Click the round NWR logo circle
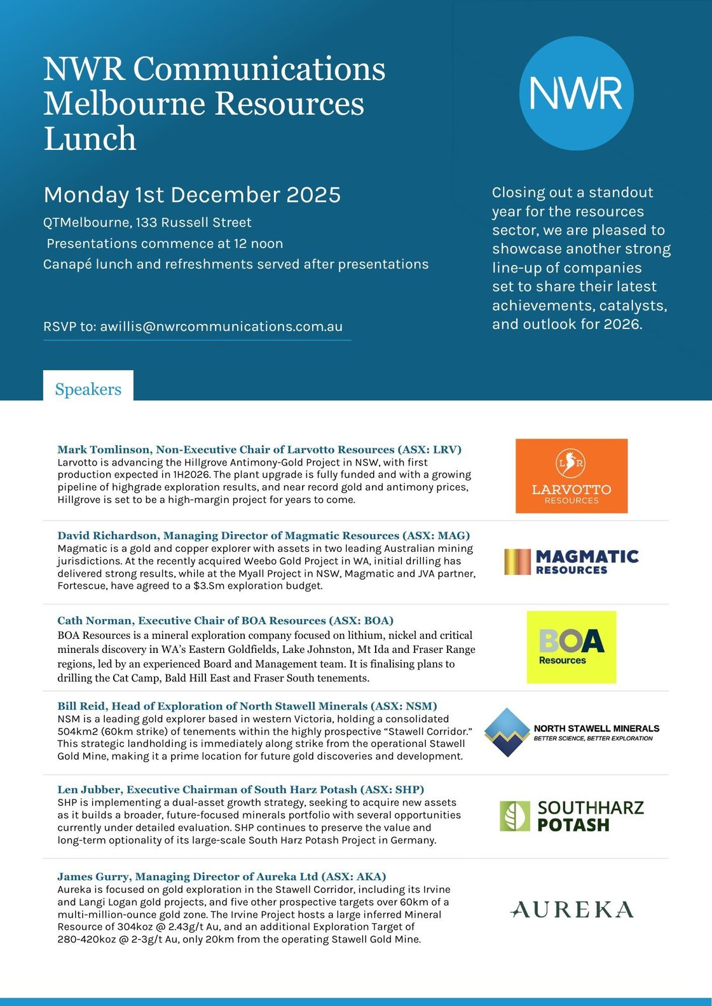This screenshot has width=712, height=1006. pos(576,93)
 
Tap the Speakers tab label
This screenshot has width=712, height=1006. pos(88,389)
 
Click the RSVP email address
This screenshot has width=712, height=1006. pos(221,326)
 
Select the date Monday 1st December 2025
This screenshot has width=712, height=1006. pos(192,195)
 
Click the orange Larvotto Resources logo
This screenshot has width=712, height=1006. pos(571,476)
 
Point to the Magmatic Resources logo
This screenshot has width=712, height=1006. pos(571,562)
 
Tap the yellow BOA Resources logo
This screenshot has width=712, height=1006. pos(571,647)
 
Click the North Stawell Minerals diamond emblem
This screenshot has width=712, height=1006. pos(507,732)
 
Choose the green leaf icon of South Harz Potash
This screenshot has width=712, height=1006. pos(514,816)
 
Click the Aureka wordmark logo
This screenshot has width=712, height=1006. pos(572,909)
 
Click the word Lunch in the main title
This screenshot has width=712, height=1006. pos(90,138)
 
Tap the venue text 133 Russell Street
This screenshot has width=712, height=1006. pos(193,222)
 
